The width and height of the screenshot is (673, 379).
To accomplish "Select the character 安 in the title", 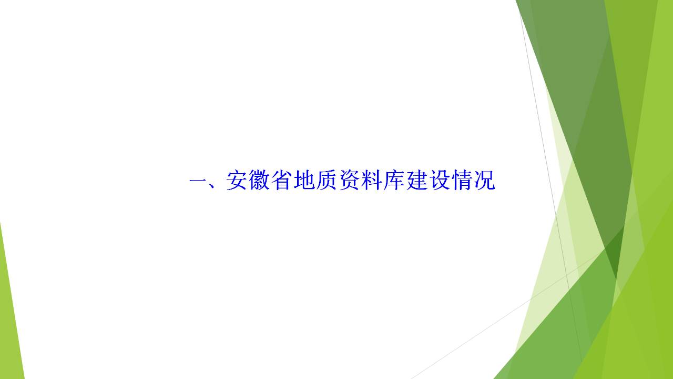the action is (237, 180).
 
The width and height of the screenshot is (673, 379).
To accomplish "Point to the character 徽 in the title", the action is (260, 180).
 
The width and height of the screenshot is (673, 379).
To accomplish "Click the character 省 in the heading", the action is (282, 180).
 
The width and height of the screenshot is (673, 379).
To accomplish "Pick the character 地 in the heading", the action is (304, 180).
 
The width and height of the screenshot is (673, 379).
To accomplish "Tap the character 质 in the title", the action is (327, 180).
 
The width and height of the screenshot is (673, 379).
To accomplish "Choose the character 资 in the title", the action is (350, 180).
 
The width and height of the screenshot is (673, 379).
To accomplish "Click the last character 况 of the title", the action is (485, 180).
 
